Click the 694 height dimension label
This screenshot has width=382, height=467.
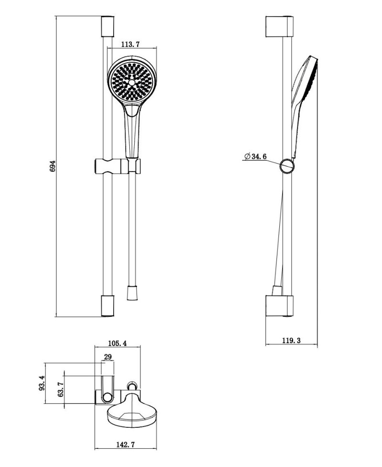53,166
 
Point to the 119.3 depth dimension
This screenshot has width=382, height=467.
291,340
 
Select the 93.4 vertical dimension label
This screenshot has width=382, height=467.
42,383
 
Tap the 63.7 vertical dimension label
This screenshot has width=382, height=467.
60,390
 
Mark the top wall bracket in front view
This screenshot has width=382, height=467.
108,26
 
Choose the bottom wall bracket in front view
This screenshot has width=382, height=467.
108,306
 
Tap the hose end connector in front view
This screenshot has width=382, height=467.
132,293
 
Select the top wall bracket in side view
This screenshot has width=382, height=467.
279,27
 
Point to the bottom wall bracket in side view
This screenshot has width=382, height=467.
279,306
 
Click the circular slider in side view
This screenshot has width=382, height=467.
287,165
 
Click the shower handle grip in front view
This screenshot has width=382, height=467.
132,134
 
